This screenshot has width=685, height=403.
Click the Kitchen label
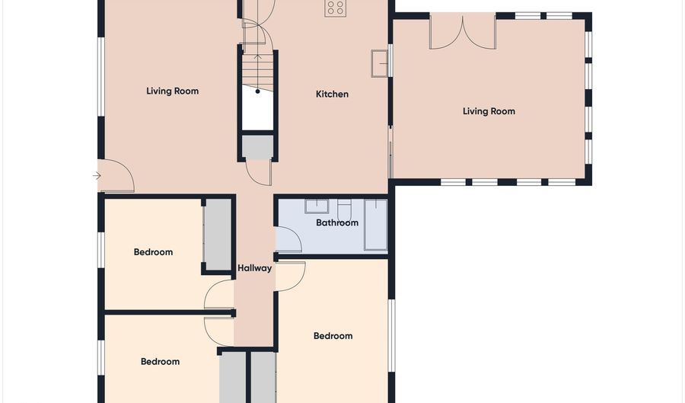[x=332, y=94]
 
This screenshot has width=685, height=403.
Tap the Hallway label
[x=255, y=268]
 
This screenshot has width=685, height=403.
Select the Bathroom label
[x=337, y=222]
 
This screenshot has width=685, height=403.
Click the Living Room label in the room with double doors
[x=489, y=111]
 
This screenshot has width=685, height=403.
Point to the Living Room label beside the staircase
[x=173, y=91]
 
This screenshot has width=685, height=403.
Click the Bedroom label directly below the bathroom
[x=333, y=336]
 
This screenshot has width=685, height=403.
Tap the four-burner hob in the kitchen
[x=335, y=8]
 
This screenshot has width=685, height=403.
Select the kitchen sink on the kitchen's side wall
[x=379, y=63]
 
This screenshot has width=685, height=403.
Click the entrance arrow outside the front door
[x=97, y=176]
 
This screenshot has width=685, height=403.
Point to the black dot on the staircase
[x=258, y=91]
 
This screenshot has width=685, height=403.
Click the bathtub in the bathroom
[x=376, y=225]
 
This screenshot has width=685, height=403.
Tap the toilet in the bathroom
[x=344, y=209]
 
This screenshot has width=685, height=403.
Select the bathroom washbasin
[x=317, y=206]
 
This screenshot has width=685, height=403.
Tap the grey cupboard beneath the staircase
[x=258, y=147]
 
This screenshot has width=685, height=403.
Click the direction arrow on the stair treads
[x=258, y=72]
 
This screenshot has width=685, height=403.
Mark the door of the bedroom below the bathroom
[x=291, y=277]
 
